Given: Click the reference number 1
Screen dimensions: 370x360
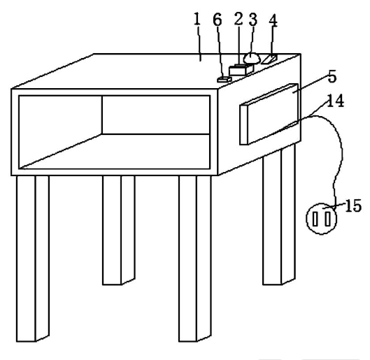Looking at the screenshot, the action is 197,19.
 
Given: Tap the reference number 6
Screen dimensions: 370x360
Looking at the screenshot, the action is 218,20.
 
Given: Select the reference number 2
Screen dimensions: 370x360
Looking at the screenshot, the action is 239,19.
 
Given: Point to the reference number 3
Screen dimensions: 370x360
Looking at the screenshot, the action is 253,20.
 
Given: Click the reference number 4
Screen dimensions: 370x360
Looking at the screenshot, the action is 273,21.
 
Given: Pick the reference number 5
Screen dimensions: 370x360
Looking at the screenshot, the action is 332,76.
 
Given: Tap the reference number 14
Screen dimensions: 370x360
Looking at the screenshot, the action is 336,101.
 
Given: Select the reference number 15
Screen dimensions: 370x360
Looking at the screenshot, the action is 353,206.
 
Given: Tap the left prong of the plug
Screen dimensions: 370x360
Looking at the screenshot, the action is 315,219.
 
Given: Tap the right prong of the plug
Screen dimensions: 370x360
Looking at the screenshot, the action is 327,219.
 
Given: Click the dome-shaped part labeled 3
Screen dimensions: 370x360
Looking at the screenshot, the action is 252,58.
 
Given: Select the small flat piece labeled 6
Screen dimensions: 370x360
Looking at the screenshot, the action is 225,80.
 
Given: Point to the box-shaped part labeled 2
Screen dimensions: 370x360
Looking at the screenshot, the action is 241,70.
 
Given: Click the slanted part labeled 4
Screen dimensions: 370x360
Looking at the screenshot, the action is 269,59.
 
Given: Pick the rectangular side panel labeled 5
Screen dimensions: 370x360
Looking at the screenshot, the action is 269,114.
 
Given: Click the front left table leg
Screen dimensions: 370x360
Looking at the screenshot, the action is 33,259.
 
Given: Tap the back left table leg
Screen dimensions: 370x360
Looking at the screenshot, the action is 119,231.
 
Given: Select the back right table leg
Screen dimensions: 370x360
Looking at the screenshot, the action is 279,215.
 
